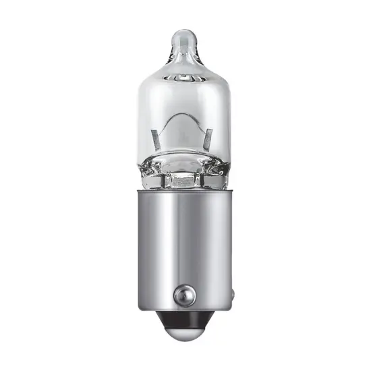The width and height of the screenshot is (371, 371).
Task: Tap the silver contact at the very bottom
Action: coord(185,341)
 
